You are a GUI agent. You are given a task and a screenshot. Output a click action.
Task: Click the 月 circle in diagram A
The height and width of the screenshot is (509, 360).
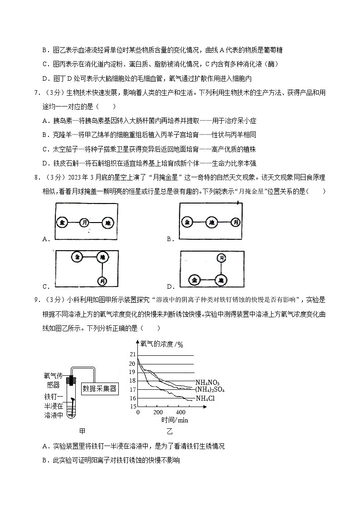84,223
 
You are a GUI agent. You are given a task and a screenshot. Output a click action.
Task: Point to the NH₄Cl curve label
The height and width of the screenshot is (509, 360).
205,398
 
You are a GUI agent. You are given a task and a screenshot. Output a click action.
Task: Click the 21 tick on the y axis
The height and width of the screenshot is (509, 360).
132,354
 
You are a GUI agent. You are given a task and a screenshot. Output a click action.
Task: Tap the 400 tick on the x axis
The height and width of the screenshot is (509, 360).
180,412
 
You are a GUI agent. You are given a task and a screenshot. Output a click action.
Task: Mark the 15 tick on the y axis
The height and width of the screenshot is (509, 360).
132,406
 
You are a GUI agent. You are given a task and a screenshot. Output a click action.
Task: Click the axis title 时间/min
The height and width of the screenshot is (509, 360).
175,420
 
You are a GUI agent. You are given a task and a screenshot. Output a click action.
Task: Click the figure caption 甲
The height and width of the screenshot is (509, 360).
82,431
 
